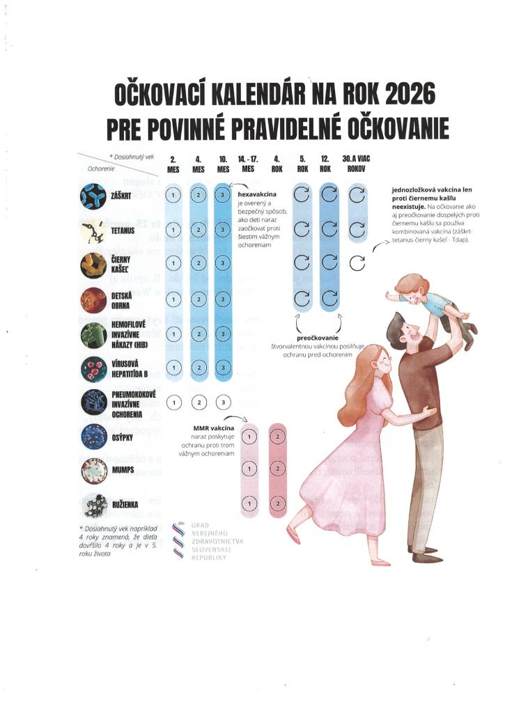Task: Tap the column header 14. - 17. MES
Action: pyautogui.click(x=248, y=164)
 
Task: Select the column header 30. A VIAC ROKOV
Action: pyautogui.click(x=356, y=164)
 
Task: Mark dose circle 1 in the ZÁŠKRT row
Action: pyautogui.click(x=174, y=195)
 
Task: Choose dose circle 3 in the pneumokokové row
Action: pyautogui.click(x=223, y=402)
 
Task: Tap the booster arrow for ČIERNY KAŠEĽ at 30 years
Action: pyautogui.click(x=356, y=263)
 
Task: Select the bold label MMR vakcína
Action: pyautogui.click(x=213, y=425)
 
